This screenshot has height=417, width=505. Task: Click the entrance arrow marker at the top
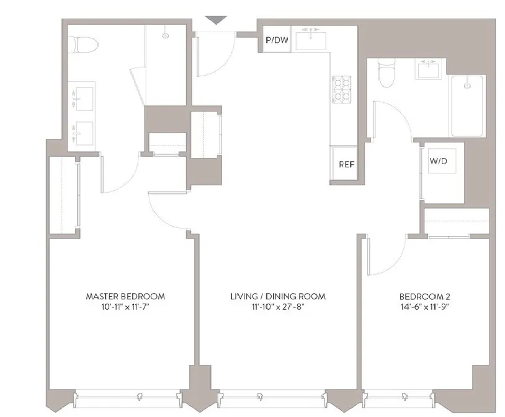pos(216,20)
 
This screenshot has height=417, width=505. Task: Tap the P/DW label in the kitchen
pos(276,41)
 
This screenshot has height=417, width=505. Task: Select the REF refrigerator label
pos(346,165)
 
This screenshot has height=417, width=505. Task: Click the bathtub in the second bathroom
pos(468,105)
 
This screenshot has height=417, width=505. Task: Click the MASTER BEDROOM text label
pos(125,296)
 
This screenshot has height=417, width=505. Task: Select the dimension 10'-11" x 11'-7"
pos(125,307)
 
